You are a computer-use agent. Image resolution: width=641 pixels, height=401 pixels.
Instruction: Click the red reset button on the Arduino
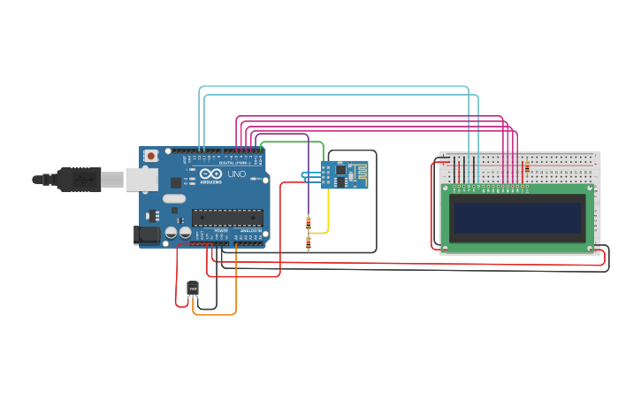(151, 156)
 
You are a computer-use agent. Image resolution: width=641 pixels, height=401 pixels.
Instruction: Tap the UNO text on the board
(237, 174)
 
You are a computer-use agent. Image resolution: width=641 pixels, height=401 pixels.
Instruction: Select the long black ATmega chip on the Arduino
(227, 217)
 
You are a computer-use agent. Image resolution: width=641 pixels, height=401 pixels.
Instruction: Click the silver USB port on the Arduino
(141, 180)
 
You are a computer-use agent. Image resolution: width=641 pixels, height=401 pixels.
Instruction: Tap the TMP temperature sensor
(193, 289)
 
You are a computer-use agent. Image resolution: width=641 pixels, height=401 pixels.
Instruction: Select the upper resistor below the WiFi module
(308, 222)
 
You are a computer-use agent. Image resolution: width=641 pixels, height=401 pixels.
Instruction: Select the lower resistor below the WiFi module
(308, 243)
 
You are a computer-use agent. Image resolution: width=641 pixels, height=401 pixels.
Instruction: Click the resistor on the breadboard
(527, 166)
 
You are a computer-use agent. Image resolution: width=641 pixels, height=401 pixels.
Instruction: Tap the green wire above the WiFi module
(292, 142)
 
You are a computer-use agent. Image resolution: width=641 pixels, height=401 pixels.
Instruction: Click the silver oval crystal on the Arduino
(175, 199)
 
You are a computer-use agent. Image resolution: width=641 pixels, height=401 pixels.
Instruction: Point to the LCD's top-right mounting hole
(590, 189)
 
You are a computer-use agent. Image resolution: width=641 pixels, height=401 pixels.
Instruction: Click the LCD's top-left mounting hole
(445, 189)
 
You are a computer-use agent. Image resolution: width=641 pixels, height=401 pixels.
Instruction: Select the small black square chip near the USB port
(175, 182)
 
